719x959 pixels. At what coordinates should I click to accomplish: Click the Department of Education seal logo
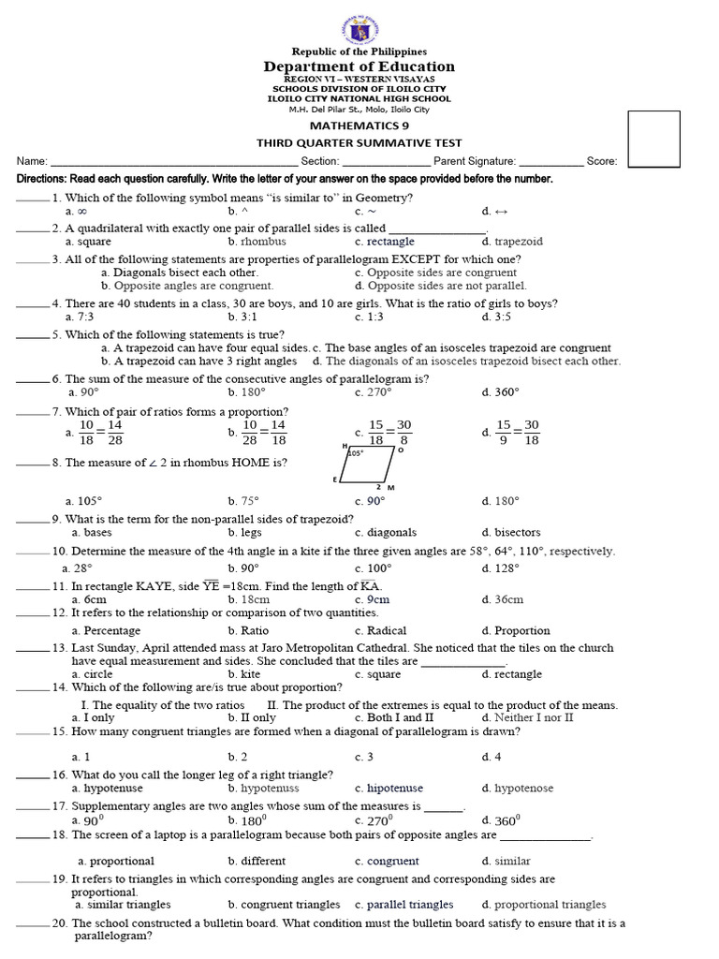click(359, 22)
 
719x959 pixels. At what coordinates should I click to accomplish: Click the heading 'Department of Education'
click(359, 66)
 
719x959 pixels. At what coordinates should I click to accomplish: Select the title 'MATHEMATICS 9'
click(359, 125)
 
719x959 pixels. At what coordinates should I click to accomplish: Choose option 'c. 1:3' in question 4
click(371, 317)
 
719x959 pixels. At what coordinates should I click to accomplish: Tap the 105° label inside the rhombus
click(355, 452)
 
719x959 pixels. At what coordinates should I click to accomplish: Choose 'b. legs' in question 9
click(243, 532)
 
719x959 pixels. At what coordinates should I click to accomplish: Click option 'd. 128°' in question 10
click(501, 568)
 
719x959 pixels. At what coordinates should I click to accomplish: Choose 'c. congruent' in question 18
click(387, 861)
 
